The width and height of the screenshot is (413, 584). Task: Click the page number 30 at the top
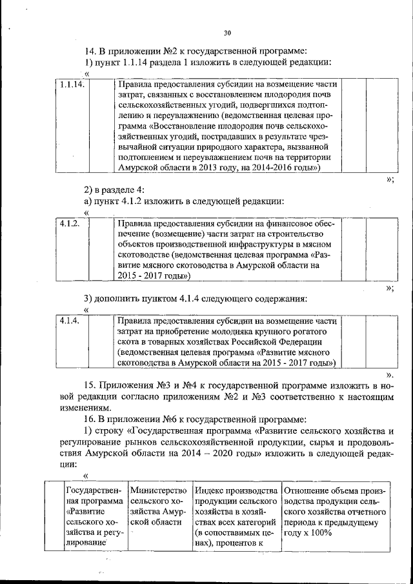[x=227, y=34]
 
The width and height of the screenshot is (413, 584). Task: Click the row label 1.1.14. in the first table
[x=70, y=84]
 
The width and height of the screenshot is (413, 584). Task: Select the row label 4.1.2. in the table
[x=68, y=223]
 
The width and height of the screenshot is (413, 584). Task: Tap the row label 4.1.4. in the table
[x=68, y=320]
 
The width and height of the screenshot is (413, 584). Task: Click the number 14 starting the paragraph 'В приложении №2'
[x=90, y=51]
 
